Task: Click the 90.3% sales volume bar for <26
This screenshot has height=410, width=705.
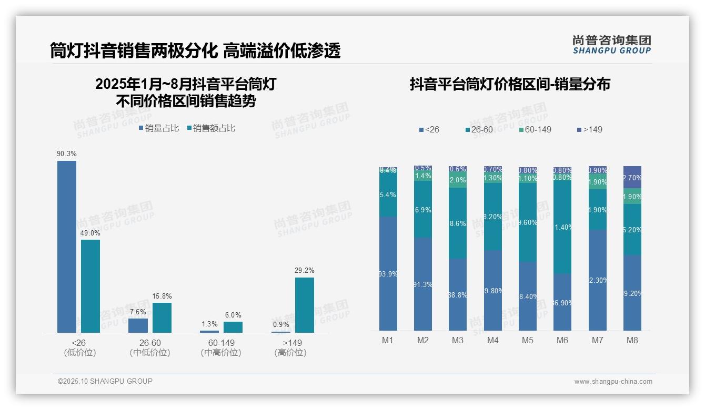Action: point(67,247)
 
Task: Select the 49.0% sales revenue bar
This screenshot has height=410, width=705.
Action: point(90,286)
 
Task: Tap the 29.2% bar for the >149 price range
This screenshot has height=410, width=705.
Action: point(304,305)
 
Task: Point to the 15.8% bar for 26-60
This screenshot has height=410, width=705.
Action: point(162,317)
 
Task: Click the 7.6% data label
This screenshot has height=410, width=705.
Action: point(137,312)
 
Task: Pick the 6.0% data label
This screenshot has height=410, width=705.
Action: point(233,315)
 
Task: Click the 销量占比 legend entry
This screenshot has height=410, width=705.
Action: point(159,128)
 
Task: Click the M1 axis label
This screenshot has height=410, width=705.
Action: point(388,340)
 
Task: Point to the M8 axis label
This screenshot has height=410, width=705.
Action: point(632,340)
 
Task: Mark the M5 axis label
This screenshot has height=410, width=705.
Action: point(527,340)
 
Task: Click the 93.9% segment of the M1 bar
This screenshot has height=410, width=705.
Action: point(388,273)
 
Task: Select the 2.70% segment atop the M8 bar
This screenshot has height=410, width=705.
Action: point(632,177)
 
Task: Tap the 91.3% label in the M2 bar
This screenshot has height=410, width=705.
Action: point(423,284)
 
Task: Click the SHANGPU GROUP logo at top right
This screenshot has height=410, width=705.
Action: point(611,44)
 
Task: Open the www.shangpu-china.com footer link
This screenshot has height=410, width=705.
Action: point(613,382)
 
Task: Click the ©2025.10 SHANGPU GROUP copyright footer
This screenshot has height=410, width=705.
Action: point(105,381)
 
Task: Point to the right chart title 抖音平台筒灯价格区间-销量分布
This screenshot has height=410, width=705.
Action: point(510,84)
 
